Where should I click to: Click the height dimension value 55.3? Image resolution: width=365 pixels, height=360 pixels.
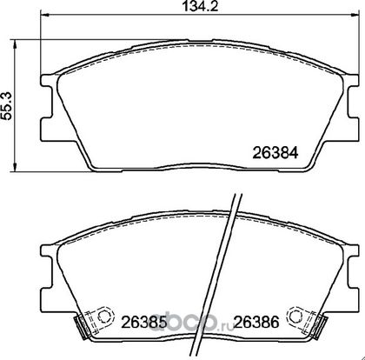[x=6, y=105]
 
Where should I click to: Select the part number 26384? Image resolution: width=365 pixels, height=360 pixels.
[x=275, y=152]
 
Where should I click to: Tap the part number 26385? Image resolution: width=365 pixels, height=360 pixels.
[x=144, y=322]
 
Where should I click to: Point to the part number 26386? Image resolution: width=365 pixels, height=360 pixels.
[x=256, y=322]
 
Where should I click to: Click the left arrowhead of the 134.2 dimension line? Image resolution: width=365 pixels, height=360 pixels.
[x=45, y=15]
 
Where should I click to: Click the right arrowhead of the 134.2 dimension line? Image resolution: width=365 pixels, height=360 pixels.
[x=355, y=15]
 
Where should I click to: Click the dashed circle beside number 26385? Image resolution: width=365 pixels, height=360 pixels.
[x=105, y=316]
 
